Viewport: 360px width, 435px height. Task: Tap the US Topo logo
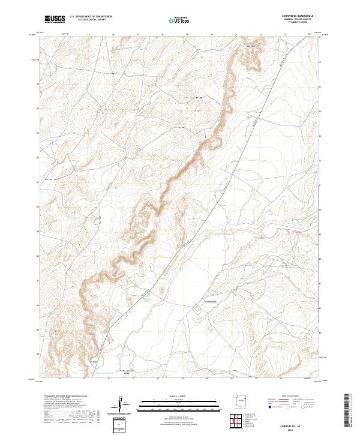[173, 20]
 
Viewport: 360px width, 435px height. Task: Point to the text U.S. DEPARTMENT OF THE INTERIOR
[91, 17]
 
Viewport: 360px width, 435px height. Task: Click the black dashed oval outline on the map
[97, 221]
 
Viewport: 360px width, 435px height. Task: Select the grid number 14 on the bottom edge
[60, 379]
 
